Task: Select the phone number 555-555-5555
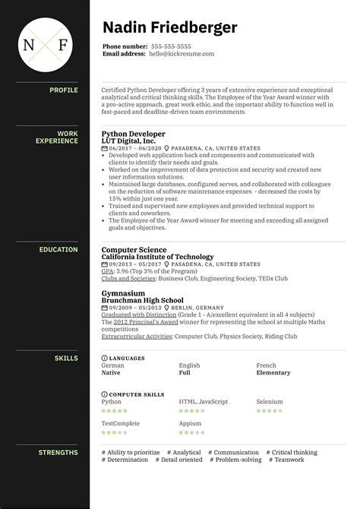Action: pos(172,46)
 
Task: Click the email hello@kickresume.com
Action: pos(182,54)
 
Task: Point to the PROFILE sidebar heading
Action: pos(64,90)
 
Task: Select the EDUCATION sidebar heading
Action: pos(58,249)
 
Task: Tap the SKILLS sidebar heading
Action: pos(66,357)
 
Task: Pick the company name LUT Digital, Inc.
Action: pos(129,141)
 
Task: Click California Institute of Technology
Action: pos(157,257)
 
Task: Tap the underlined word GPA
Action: pos(107,271)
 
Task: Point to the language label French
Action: pos(266,365)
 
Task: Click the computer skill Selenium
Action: pos(269,402)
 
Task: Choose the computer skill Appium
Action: pos(189,424)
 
